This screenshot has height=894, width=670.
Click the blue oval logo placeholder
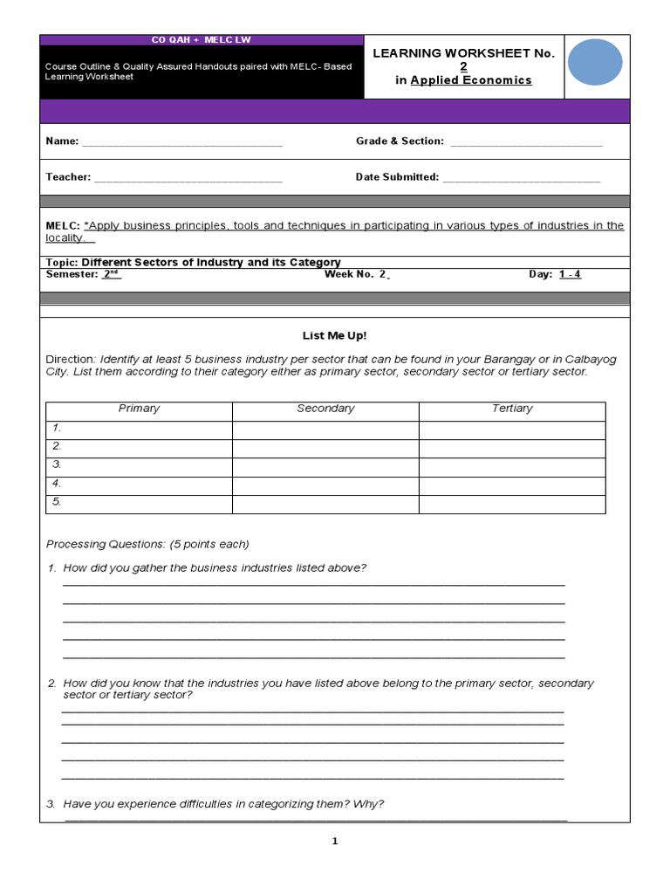click(x=595, y=63)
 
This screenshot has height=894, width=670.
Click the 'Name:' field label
click(x=62, y=141)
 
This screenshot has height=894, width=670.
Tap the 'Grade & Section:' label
click(x=400, y=141)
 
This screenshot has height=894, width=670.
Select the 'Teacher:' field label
click(x=68, y=177)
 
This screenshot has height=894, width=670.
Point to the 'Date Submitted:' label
click(x=397, y=177)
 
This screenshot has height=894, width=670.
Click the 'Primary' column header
click(x=139, y=409)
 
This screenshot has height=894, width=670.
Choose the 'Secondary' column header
click(x=325, y=409)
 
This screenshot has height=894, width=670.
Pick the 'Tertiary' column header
click(x=512, y=409)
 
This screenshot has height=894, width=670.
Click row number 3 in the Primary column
click(x=57, y=464)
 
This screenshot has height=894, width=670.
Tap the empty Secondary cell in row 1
click(x=325, y=429)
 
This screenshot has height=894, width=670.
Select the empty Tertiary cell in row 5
click(x=512, y=503)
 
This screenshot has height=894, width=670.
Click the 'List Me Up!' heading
click(x=334, y=335)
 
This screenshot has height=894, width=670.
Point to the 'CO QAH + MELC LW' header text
click(x=202, y=40)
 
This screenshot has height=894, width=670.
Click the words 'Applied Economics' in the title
click(x=471, y=80)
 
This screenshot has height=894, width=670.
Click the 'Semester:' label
click(x=72, y=274)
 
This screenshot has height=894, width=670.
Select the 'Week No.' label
click(x=349, y=274)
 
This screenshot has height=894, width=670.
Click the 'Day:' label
click(x=541, y=274)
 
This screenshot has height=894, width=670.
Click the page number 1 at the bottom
click(x=334, y=842)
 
